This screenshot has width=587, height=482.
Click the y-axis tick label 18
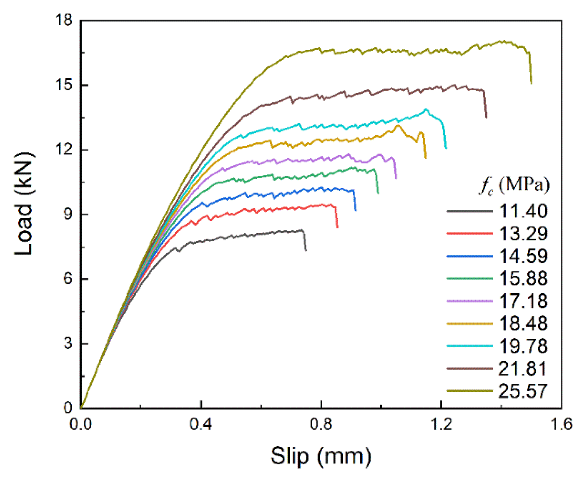[64, 20]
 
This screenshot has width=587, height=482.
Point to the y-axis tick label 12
[64, 149]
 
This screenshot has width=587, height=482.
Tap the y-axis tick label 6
[67, 279]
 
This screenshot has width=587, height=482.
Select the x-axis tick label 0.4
[201, 424]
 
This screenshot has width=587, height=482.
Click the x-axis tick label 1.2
[441, 424]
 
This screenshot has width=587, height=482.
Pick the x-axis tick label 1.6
[561, 424]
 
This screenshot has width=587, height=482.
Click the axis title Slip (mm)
[321, 457]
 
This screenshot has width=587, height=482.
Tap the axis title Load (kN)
[25, 204]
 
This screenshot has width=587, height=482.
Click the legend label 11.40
[523, 211]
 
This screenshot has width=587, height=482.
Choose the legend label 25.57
[522, 391]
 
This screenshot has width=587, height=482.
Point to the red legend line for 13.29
[469, 233]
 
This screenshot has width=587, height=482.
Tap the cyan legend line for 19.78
[469, 346]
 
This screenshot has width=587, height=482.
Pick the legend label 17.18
[523, 301]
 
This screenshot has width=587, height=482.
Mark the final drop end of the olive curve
[531, 83]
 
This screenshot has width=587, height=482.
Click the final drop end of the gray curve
[306, 251]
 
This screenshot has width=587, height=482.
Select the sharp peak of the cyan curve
[426, 109]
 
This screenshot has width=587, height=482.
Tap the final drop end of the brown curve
[486, 117]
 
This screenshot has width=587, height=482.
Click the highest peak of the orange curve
[398, 125]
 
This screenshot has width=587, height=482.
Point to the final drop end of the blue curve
[355, 210]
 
